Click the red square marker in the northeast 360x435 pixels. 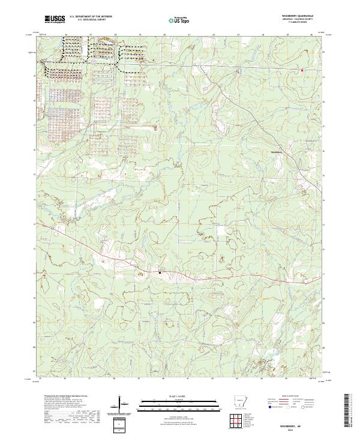[x=302, y=70]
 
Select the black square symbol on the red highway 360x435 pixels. [x=160, y=272]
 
